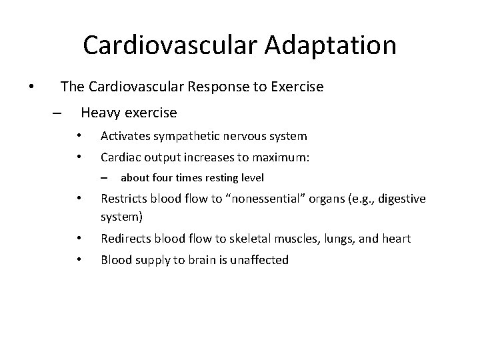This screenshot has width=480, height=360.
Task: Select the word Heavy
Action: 99,113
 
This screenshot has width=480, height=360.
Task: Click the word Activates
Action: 125,136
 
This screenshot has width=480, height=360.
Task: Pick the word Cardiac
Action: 120,158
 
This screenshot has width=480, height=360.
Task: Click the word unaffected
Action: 259,260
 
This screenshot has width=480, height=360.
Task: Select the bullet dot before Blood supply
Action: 79,260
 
